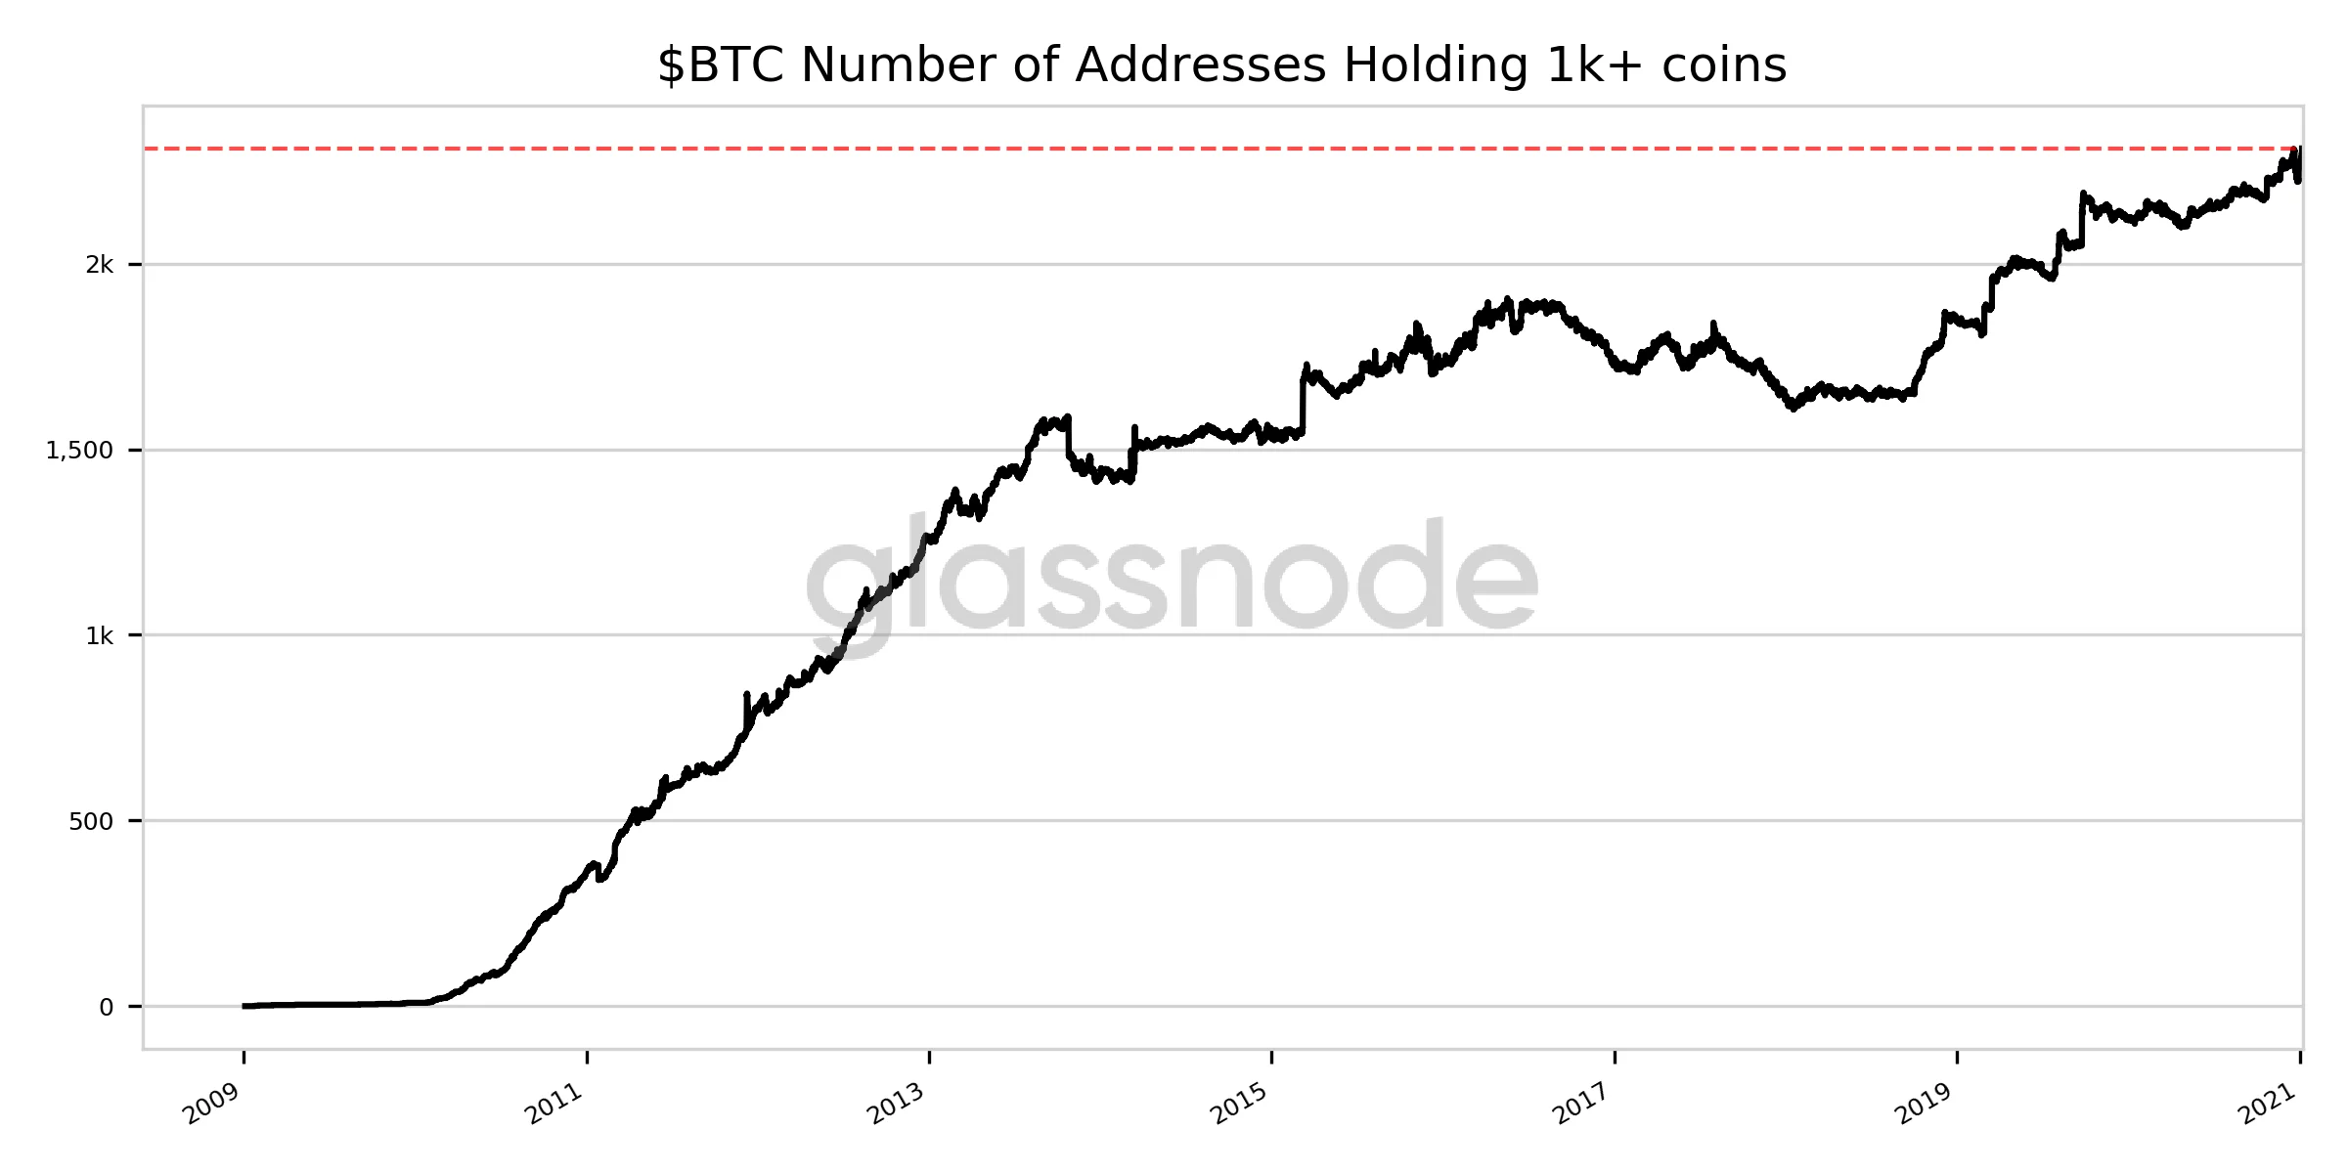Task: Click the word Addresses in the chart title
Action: [x=1200, y=66]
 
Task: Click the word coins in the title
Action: [x=1722, y=66]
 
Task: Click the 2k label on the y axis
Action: [x=100, y=264]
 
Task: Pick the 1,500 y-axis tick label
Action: [x=80, y=450]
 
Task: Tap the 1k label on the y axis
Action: [x=100, y=635]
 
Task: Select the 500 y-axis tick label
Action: [x=91, y=821]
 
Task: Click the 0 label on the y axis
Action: [x=107, y=1007]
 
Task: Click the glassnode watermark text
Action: [x=1172, y=583]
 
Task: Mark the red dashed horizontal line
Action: [x=1173, y=149]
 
